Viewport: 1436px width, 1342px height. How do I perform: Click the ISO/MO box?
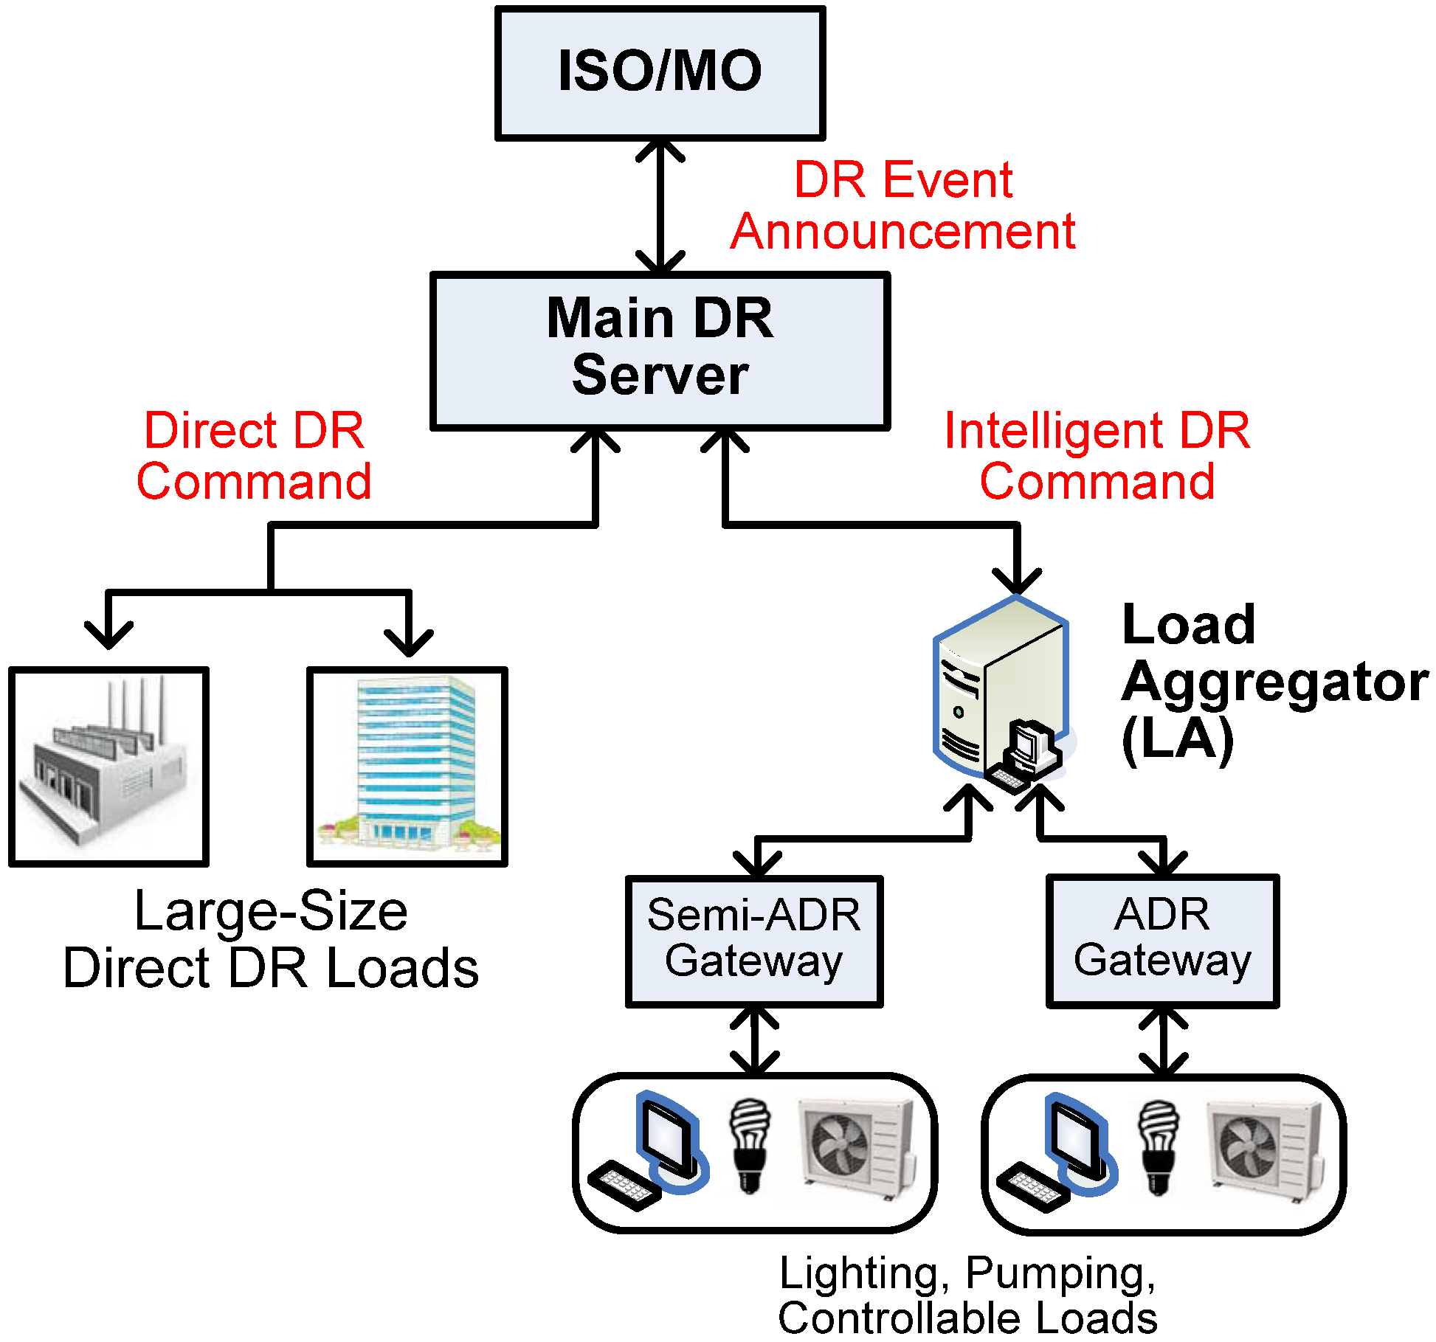coord(660,72)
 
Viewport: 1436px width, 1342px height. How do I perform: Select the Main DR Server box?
coord(660,350)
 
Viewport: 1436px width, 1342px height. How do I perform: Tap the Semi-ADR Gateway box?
coord(753,940)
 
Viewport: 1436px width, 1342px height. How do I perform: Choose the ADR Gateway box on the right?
coord(1162,940)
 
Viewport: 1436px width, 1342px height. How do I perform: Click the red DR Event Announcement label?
coord(903,205)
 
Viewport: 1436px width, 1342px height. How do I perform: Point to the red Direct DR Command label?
coord(254,456)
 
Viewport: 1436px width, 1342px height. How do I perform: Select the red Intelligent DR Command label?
coord(1097,456)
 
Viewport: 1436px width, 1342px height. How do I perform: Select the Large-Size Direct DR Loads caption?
coord(271,938)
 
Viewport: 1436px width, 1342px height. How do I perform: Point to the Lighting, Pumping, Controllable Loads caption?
coord(967,1296)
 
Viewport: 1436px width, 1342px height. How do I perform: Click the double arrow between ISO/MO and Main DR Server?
coord(660,207)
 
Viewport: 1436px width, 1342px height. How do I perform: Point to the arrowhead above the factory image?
coord(108,634)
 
